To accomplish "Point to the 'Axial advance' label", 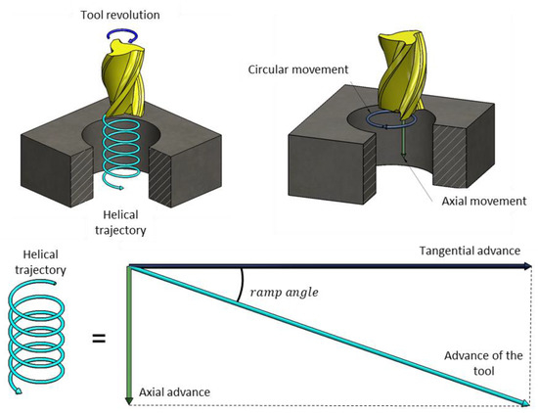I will pyautogui.click(x=175, y=391).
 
